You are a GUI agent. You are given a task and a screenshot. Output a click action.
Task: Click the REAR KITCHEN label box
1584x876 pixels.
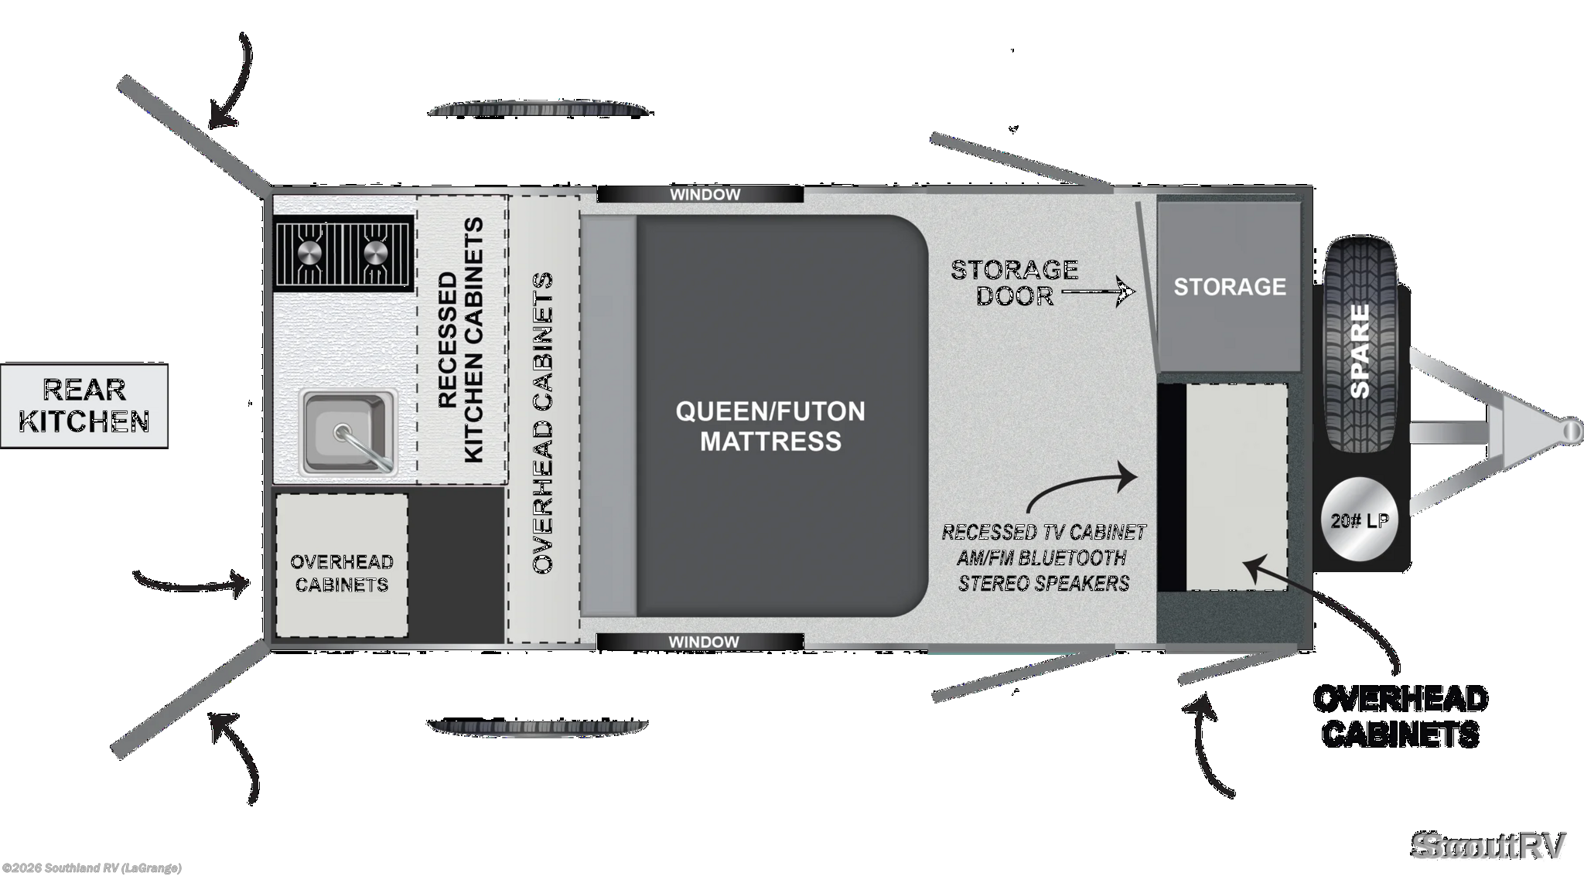point(84,406)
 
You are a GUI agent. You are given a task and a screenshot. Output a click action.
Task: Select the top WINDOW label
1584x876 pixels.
point(705,195)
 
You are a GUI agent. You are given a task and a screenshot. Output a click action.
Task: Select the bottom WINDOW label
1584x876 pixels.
point(704,642)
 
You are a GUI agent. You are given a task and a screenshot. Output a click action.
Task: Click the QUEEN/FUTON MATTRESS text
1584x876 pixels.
point(770,426)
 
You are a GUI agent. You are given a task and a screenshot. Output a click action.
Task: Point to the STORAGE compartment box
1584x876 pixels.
point(1229,286)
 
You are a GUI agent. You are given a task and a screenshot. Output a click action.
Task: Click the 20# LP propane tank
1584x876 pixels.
point(1359,520)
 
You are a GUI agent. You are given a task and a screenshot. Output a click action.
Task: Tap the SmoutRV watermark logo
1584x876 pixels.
point(1489,844)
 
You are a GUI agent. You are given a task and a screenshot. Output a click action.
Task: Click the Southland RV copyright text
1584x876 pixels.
point(91,868)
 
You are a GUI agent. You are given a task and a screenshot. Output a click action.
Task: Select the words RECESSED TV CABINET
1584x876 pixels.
point(1043,533)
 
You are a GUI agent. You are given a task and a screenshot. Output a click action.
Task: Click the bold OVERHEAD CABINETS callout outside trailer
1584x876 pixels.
point(1401,716)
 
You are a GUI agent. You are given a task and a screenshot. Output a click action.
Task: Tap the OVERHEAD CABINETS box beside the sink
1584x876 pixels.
point(342,566)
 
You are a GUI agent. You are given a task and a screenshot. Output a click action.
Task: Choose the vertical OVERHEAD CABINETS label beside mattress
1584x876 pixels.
point(543,423)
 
